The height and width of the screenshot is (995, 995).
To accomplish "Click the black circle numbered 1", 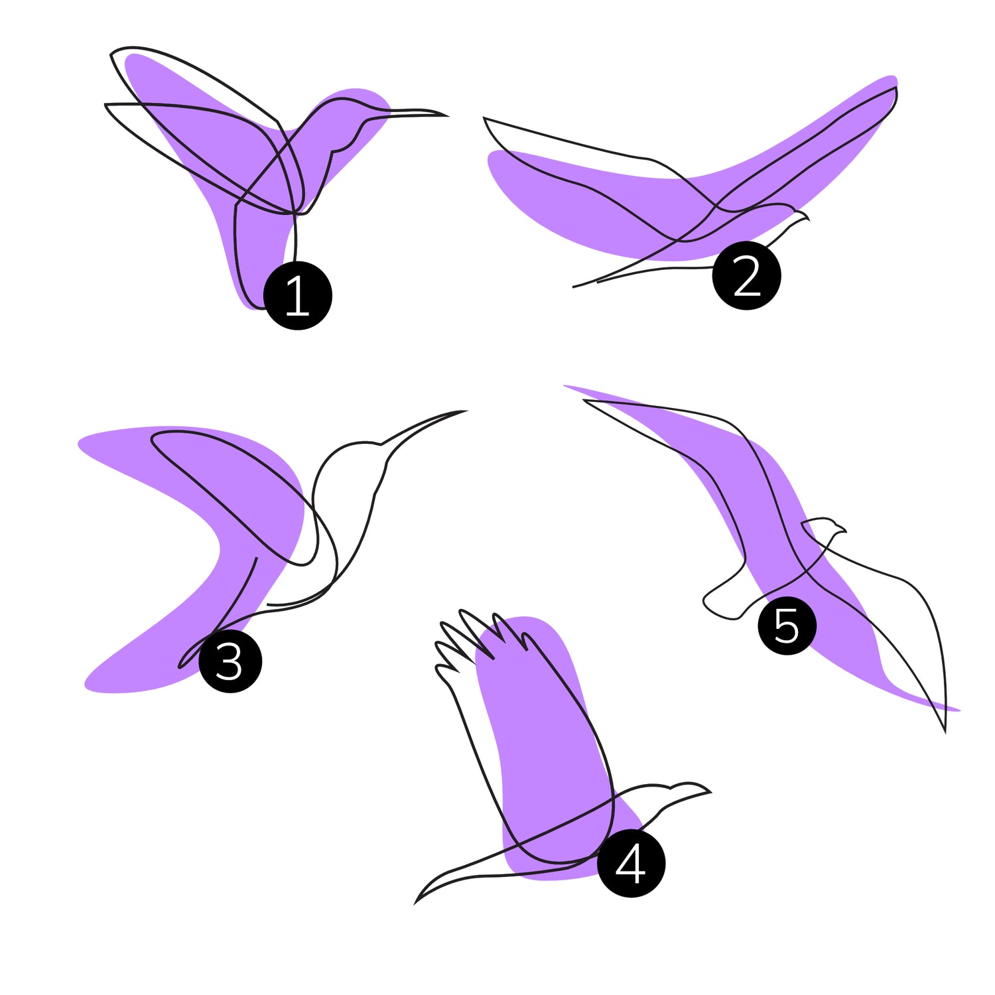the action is click(x=298, y=295).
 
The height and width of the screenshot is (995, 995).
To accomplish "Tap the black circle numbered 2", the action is click(x=746, y=275).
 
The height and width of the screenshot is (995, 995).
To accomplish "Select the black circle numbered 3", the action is click(x=230, y=661).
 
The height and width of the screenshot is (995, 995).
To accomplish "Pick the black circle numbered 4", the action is click(x=631, y=863).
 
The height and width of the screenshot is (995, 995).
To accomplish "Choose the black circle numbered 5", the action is click(x=787, y=626).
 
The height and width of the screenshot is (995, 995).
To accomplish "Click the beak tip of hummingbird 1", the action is click(x=448, y=115).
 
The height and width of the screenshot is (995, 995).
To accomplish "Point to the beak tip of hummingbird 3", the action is click(x=466, y=411).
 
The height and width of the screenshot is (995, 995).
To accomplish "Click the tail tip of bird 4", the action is click(x=416, y=903).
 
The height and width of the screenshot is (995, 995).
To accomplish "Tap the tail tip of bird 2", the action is click(x=574, y=287).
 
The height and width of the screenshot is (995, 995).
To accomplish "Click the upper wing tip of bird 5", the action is click(x=584, y=400).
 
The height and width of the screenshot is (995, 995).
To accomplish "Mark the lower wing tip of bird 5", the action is click(x=945, y=732).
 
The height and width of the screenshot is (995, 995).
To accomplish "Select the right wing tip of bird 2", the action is click(x=895, y=88).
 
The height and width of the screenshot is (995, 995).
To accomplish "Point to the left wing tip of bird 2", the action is click(x=484, y=118).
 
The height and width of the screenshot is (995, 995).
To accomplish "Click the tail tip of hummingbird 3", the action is click(x=180, y=665).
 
